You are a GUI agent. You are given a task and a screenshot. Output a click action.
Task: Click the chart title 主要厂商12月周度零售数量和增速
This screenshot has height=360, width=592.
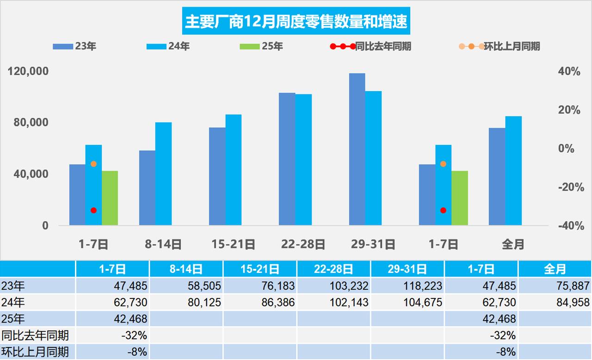click(296, 22)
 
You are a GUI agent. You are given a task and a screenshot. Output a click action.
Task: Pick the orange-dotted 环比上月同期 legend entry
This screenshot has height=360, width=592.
click(499, 46)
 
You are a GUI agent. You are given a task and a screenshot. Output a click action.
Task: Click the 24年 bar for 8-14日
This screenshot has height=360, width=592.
click(163, 174)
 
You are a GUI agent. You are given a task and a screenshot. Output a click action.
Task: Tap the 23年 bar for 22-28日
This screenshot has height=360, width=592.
click(287, 159)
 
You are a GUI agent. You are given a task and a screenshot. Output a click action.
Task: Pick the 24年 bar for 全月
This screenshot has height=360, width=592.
click(513, 170)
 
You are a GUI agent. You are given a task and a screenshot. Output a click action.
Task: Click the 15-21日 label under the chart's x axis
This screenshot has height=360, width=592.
click(233, 244)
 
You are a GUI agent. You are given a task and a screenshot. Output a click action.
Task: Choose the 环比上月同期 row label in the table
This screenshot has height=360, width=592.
click(35, 352)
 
